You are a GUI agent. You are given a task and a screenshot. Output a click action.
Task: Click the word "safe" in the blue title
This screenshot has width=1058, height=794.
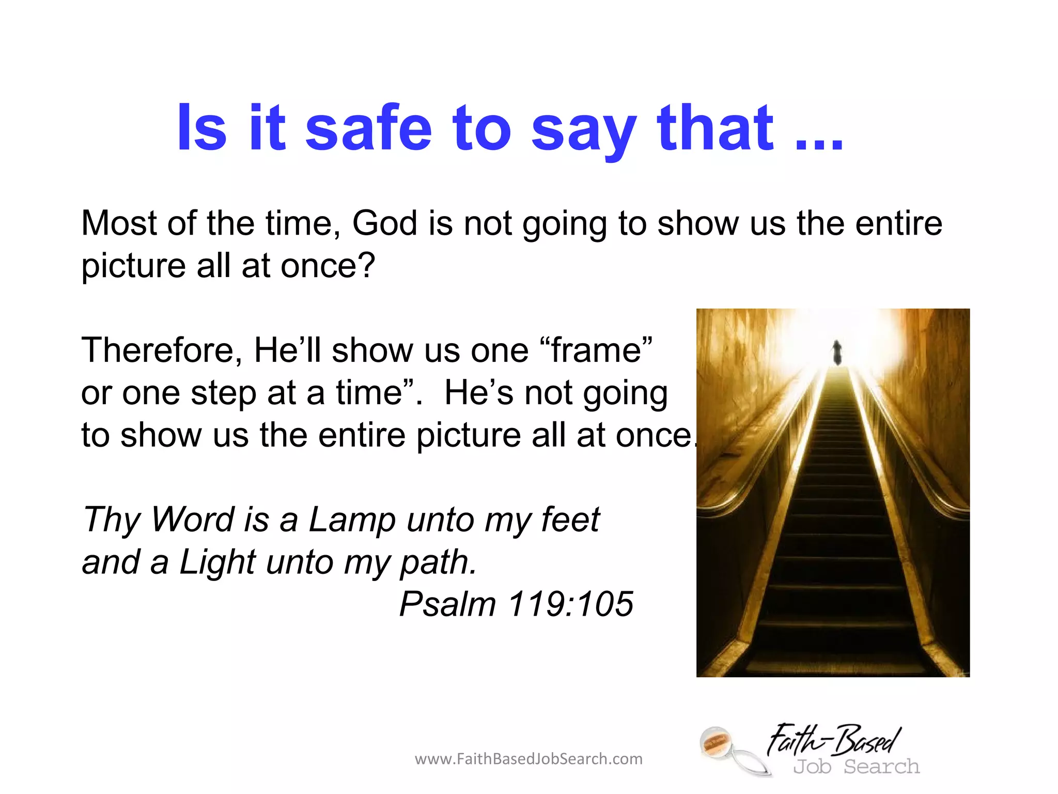368,128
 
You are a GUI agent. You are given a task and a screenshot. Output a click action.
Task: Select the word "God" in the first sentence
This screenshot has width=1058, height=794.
385,223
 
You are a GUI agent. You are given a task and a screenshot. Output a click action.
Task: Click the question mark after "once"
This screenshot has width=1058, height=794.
366,266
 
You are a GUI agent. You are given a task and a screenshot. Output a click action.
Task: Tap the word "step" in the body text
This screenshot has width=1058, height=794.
223,393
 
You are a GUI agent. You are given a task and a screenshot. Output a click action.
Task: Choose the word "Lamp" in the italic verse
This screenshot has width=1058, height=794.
352,520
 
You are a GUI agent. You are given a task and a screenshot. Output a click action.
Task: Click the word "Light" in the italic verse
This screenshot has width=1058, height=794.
217,562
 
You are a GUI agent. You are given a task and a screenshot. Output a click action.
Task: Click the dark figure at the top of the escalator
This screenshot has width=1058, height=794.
837,353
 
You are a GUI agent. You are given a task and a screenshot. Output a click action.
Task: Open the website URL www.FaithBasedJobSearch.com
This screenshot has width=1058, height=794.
528,759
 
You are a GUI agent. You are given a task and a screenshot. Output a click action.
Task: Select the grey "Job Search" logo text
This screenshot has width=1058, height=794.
857,767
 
